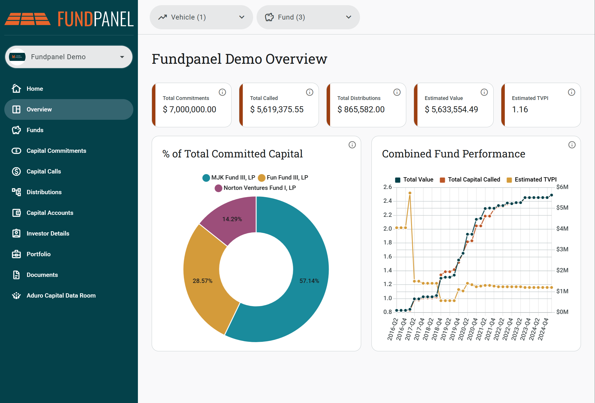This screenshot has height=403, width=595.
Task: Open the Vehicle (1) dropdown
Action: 201,17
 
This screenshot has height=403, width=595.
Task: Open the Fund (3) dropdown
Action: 308,17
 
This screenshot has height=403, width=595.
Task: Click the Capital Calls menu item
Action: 44,171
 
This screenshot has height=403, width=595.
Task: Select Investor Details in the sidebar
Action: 48,234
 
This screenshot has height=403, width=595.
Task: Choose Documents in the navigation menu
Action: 42,275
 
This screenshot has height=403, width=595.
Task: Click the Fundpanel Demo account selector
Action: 69,57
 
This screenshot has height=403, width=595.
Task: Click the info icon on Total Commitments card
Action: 222,92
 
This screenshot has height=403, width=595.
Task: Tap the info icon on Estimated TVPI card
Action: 572,92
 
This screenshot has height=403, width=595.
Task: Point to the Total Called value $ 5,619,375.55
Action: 277,109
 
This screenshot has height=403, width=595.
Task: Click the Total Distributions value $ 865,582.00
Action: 361,109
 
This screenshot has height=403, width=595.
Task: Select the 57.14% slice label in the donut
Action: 309,281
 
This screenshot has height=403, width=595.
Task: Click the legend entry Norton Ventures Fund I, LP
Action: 255,188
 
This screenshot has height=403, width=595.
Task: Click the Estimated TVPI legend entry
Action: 532,180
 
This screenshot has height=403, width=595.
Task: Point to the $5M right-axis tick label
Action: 562,208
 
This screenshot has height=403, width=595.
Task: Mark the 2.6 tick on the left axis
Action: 388,187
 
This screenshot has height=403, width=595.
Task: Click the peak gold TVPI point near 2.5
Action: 410,193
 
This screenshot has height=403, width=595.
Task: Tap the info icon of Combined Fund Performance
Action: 572,145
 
